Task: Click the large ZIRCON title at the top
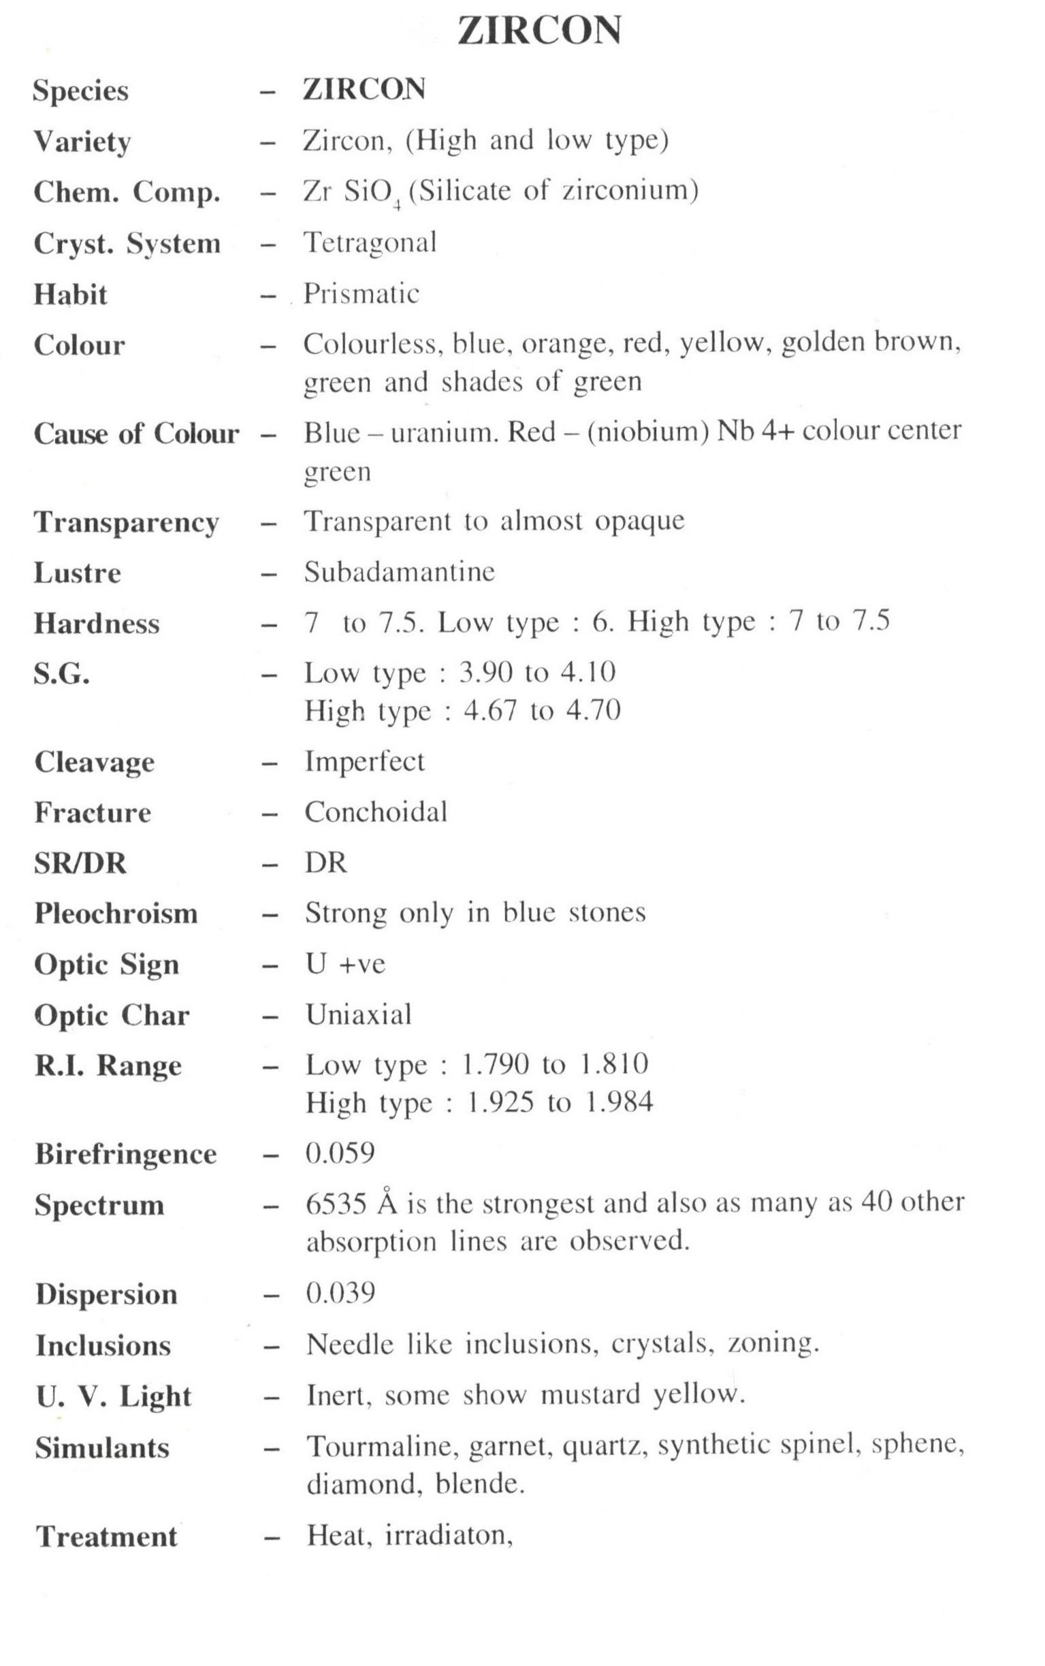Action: coord(539,32)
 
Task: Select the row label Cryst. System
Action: coord(127,244)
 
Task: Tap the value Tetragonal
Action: coord(370,242)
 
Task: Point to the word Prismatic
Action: coord(361,294)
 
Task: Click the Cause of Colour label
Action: coord(136,434)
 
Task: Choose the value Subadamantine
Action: coord(400,572)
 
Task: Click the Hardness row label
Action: coord(97,624)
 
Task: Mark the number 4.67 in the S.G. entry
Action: coord(490,711)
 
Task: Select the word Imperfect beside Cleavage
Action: coord(365,761)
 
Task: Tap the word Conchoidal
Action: coord(376,813)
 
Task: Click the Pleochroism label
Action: coord(116,914)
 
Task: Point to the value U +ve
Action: coord(346,964)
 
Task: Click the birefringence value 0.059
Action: coord(340,1153)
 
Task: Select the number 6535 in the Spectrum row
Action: coord(336,1204)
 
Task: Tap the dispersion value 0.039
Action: coord(340,1293)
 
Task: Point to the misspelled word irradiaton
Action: coord(448,1535)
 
